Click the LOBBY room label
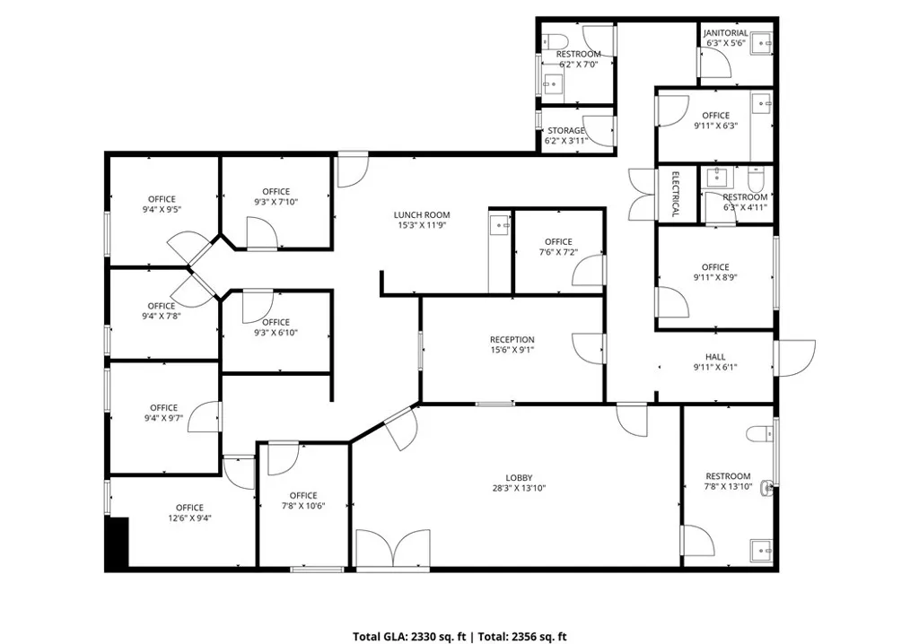click(519, 477)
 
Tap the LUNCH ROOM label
click(422, 215)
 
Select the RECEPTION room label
click(512, 340)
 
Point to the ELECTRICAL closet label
click(675, 194)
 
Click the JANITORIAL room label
click(725, 33)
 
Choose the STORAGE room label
click(565, 131)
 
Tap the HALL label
click(715, 357)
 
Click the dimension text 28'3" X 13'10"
click(519, 488)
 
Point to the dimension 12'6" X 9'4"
click(190, 518)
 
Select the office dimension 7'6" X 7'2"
click(558, 252)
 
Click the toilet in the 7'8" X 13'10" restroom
click(760, 433)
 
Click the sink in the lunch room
click(500, 224)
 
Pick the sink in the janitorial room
click(762, 43)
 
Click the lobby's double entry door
click(393, 549)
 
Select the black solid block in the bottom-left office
click(118, 542)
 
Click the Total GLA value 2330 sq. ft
click(438, 637)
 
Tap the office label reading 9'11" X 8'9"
click(715, 277)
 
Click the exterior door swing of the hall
click(796, 358)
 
